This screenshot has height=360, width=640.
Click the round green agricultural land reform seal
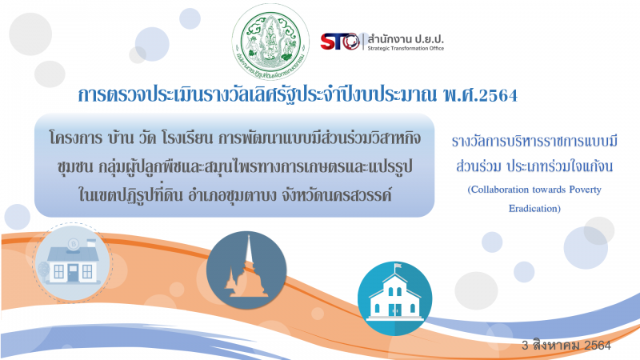coord(270,42)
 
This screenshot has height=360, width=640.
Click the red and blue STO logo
coord(340,42)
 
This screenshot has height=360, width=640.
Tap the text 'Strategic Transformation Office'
coord(406,48)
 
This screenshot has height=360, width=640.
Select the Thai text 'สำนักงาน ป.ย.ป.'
coord(406,39)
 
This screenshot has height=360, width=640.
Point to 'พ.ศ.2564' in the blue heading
coord(480,95)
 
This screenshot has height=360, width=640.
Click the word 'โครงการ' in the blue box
coord(76,138)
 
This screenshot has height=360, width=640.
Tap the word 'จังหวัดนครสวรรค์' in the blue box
coord(336,195)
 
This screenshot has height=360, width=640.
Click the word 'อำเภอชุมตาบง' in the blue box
coord(232,195)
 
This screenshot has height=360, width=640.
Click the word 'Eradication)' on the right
coord(534,209)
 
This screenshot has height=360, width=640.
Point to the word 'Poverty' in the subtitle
coord(586,190)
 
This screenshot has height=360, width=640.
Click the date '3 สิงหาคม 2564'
coord(566,346)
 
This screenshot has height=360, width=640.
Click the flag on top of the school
coord(397,266)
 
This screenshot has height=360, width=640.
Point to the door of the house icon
coord(73,273)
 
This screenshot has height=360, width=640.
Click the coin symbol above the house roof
coord(74,244)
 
